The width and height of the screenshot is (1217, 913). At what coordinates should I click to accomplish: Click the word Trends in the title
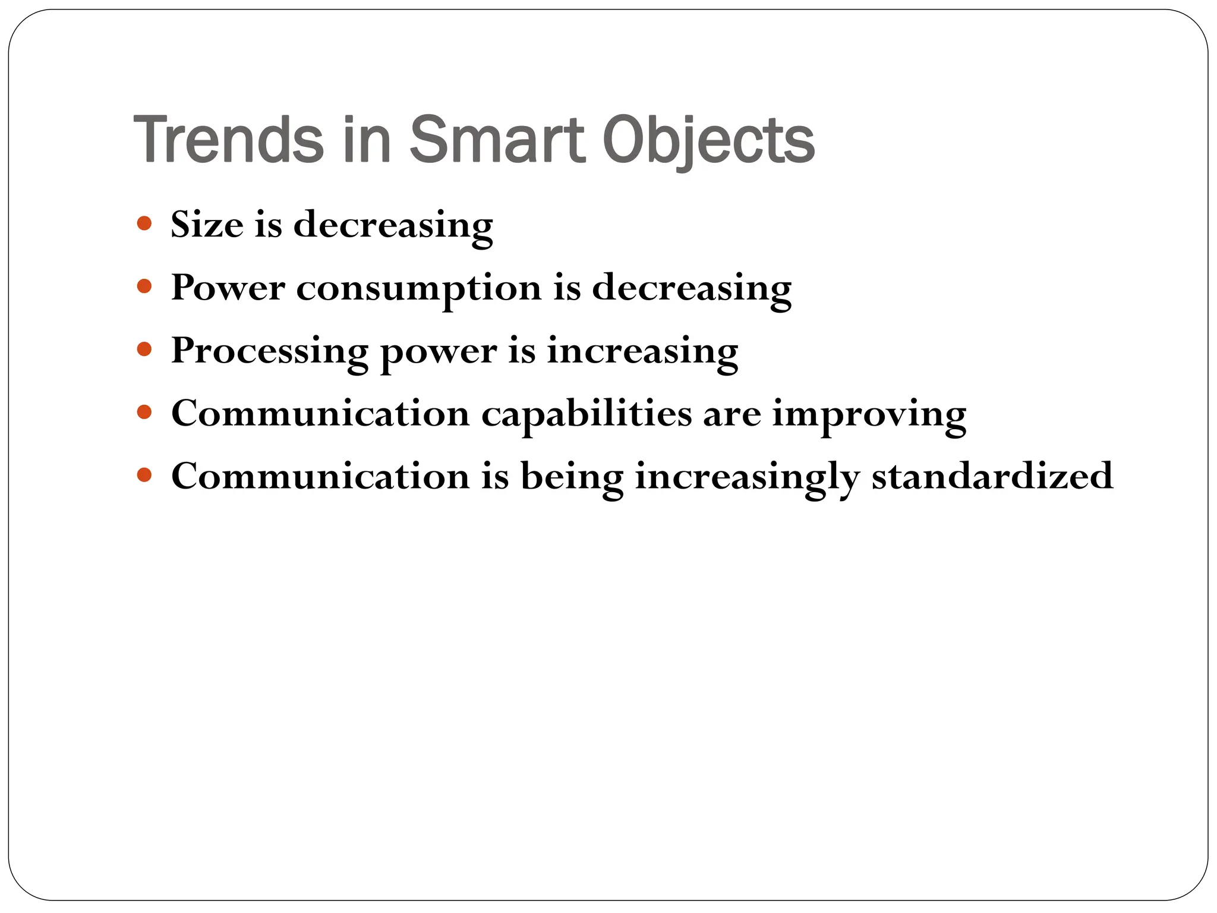pos(229,140)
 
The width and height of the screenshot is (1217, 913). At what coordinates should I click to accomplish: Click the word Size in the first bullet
pos(207,225)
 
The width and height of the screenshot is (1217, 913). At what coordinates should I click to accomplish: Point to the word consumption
pos(419,289)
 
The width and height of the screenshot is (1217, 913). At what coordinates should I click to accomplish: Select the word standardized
pos(992,476)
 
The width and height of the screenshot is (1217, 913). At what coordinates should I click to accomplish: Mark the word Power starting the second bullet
pos(228,288)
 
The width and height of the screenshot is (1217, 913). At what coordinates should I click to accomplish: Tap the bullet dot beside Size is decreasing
pos(144,223)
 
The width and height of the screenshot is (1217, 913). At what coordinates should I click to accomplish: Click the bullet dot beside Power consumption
pos(144,287)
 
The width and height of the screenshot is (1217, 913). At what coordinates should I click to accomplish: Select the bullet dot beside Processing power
pos(144,349)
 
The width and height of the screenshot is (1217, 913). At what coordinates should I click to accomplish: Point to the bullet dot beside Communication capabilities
pos(144,412)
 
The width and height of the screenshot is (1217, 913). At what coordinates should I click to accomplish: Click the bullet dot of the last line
pos(144,475)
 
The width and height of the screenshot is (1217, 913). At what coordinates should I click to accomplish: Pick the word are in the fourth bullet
pos(732,415)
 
